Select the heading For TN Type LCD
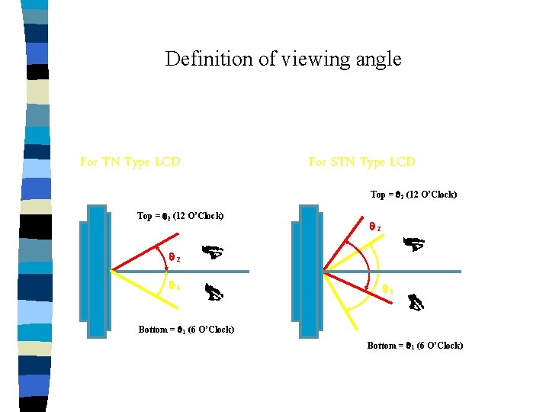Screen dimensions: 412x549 point(130,162)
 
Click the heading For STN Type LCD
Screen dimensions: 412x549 point(361,162)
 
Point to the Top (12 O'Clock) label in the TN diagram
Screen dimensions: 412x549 point(180,216)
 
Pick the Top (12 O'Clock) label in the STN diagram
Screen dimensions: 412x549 point(413,195)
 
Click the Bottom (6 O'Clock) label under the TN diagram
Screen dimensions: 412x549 point(186,330)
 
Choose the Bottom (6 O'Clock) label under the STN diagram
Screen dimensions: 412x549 point(415,346)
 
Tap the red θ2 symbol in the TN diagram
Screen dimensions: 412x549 point(174,258)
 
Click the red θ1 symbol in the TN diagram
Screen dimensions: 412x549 point(174,286)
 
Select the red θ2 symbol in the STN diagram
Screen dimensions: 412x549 point(374,227)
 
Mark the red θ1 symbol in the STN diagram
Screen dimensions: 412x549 point(387,290)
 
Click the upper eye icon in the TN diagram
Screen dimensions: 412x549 point(211,251)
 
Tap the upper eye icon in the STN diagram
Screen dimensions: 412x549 point(413,244)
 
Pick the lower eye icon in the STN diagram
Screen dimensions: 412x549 point(416,303)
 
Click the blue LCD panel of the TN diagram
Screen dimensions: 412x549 point(97,271)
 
